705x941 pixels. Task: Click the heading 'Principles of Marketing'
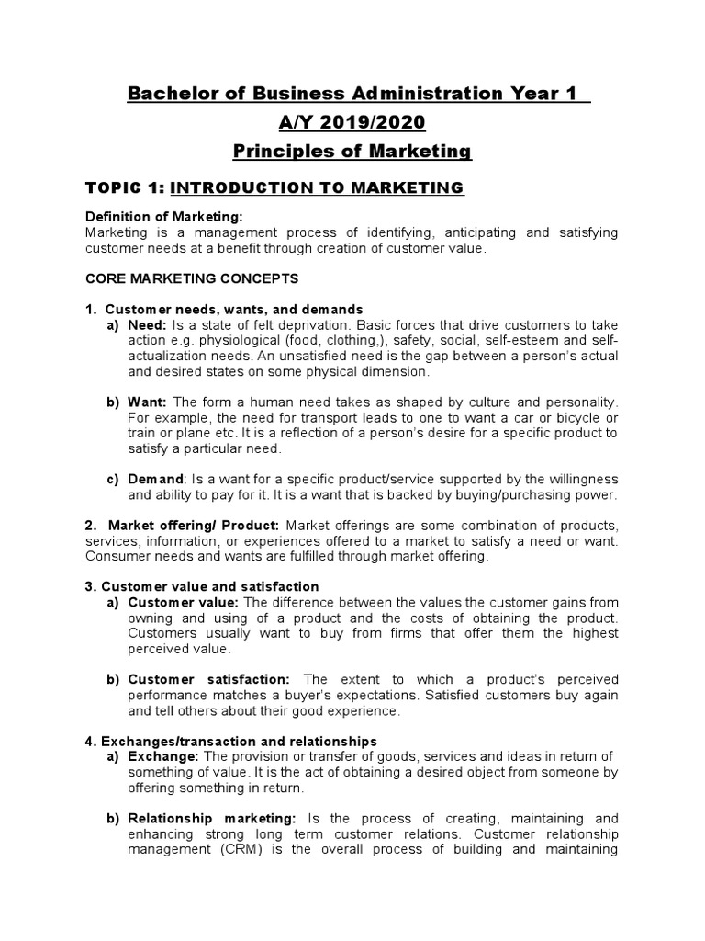[x=352, y=151]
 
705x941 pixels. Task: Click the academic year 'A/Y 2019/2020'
[x=352, y=122]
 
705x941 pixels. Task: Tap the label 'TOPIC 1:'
[x=125, y=188]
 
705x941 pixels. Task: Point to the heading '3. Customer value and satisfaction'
[x=201, y=586]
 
